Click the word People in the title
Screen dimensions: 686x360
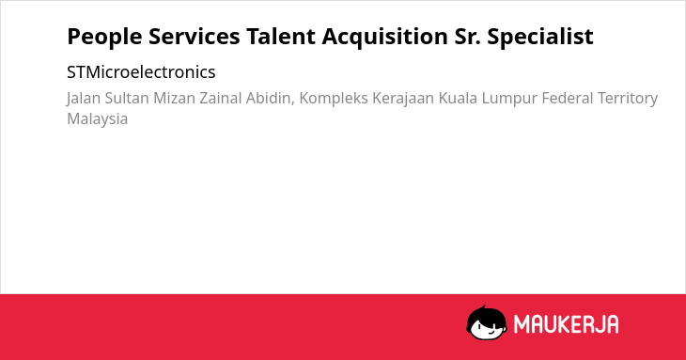104,37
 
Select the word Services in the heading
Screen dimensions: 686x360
195,37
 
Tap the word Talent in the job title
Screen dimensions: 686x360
281,37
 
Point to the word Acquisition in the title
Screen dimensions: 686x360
385,37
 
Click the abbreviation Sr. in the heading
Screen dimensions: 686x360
468,37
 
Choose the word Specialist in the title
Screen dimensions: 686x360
540,37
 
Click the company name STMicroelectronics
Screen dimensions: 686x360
141,72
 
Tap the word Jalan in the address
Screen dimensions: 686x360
83,99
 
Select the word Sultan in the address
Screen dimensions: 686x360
127,98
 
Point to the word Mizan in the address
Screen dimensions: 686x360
174,98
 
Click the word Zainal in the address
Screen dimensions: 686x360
221,98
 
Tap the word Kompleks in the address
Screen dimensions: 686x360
334,99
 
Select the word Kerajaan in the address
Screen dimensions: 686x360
403,99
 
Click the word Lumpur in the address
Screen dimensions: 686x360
509,99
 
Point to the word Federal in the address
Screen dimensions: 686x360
568,98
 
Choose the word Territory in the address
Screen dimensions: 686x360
628,99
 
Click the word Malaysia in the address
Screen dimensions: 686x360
97,119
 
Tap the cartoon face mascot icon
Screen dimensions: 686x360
487,323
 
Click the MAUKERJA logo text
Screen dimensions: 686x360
566,324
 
